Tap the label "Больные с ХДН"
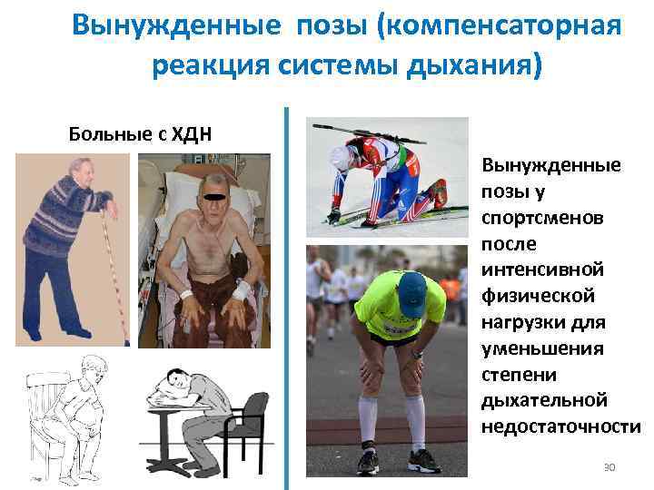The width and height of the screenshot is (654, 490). coord(141,135)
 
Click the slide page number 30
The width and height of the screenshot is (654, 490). coord(609,466)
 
